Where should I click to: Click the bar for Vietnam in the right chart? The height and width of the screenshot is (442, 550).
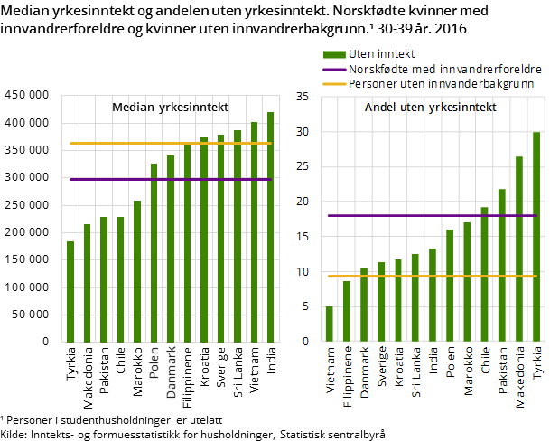point(330,324)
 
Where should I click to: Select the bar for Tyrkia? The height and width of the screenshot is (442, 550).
point(536,237)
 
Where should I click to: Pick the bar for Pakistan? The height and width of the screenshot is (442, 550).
point(502,266)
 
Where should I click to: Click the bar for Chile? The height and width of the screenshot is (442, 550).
point(485,275)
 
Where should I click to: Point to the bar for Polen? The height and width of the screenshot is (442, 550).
point(450,286)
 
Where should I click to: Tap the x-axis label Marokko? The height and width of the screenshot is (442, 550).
point(468,373)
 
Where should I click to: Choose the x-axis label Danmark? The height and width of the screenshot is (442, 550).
point(365,373)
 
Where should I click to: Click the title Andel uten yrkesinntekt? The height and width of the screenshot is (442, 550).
point(424,108)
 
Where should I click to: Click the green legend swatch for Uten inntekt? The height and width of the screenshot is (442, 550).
point(333,54)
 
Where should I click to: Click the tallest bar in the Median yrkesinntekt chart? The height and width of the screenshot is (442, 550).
point(270,228)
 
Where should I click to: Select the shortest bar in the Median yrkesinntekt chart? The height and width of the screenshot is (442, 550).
point(70,292)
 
